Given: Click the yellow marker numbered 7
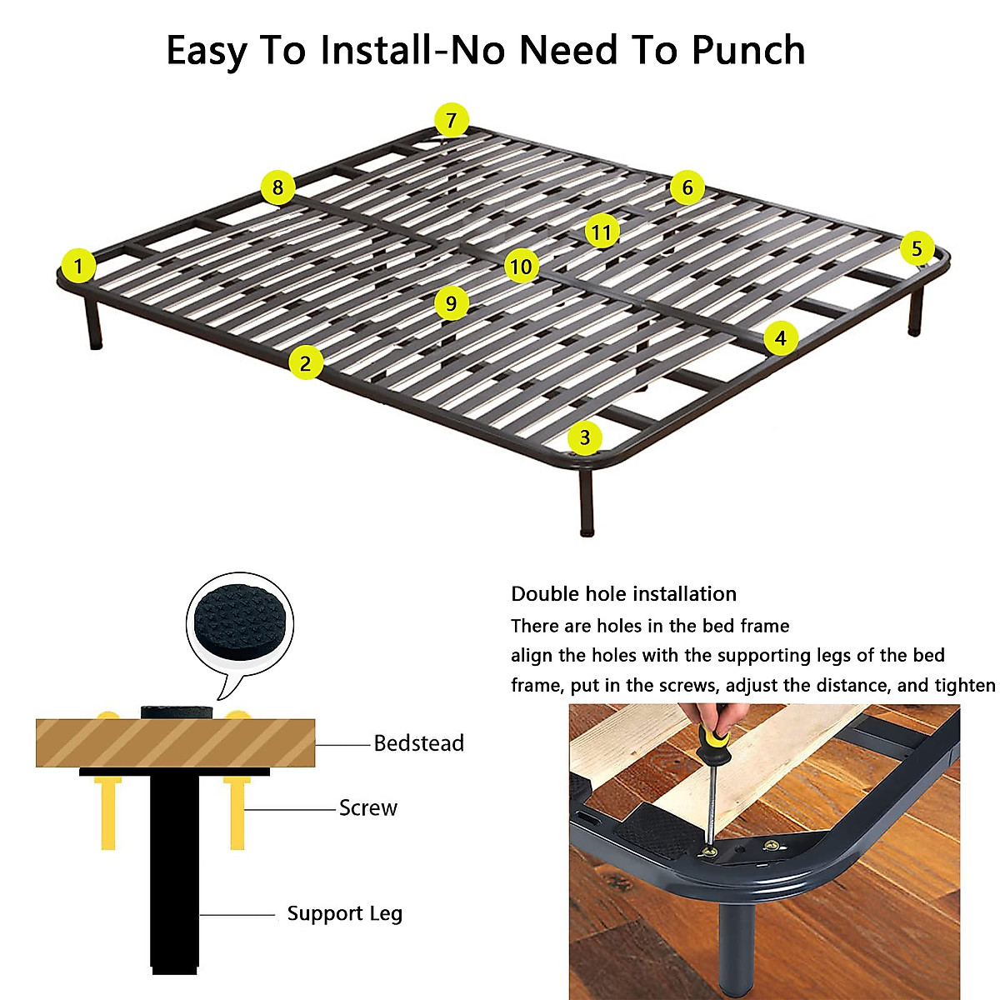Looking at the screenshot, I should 451,121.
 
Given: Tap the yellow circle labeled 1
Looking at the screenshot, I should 78,267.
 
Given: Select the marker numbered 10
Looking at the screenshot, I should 521,267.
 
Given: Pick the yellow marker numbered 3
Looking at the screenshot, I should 585,437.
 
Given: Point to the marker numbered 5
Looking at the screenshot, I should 917,248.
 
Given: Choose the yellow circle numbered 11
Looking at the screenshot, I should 602,232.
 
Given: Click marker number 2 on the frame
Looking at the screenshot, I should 306,363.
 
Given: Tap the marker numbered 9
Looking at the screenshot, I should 451,302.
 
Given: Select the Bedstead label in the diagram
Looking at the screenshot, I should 418,743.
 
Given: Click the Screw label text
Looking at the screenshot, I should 367,807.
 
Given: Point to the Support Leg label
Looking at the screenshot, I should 344,913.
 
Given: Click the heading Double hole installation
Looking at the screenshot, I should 623,594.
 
